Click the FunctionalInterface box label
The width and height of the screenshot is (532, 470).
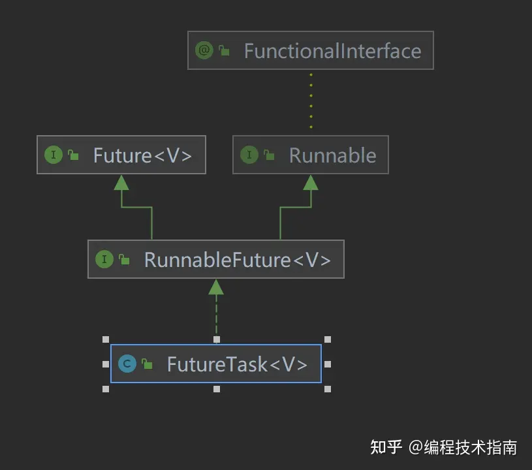pyautogui.click(x=332, y=51)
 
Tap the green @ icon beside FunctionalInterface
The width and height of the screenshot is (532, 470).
pyautogui.click(x=204, y=50)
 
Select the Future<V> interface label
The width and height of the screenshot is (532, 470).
pyautogui.click(x=142, y=155)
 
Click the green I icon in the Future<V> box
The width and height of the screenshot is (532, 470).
pyautogui.click(x=53, y=155)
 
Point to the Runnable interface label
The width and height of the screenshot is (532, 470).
pyautogui.click(x=332, y=155)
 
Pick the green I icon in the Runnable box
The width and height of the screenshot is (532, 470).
pyautogui.click(x=249, y=155)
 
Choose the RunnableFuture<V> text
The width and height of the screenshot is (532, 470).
pyautogui.click(x=238, y=260)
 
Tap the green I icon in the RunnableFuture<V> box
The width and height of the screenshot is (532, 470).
pyautogui.click(x=104, y=259)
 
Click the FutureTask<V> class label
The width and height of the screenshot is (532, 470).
pyautogui.click(x=237, y=364)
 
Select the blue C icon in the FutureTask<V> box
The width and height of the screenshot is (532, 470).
pyautogui.click(x=127, y=364)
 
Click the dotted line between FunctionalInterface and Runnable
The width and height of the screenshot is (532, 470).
pyautogui.click(x=311, y=101)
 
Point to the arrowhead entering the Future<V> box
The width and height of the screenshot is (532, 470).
pyautogui.click(x=121, y=182)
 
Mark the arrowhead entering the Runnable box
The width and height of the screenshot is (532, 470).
pyautogui.click(x=311, y=182)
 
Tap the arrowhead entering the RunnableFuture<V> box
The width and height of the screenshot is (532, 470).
pyautogui.click(x=216, y=287)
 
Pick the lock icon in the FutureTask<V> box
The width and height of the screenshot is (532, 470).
pyautogui.click(x=148, y=364)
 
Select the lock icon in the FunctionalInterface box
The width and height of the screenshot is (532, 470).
pyautogui.click(x=225, y=51)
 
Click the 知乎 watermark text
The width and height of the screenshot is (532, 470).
pyautogui.click(x=386, y=447)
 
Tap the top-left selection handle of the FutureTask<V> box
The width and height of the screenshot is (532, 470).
pyautogui.click(x=106, y=339)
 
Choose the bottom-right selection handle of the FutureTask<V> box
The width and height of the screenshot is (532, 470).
pyautogui.click(x=328, y=389)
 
